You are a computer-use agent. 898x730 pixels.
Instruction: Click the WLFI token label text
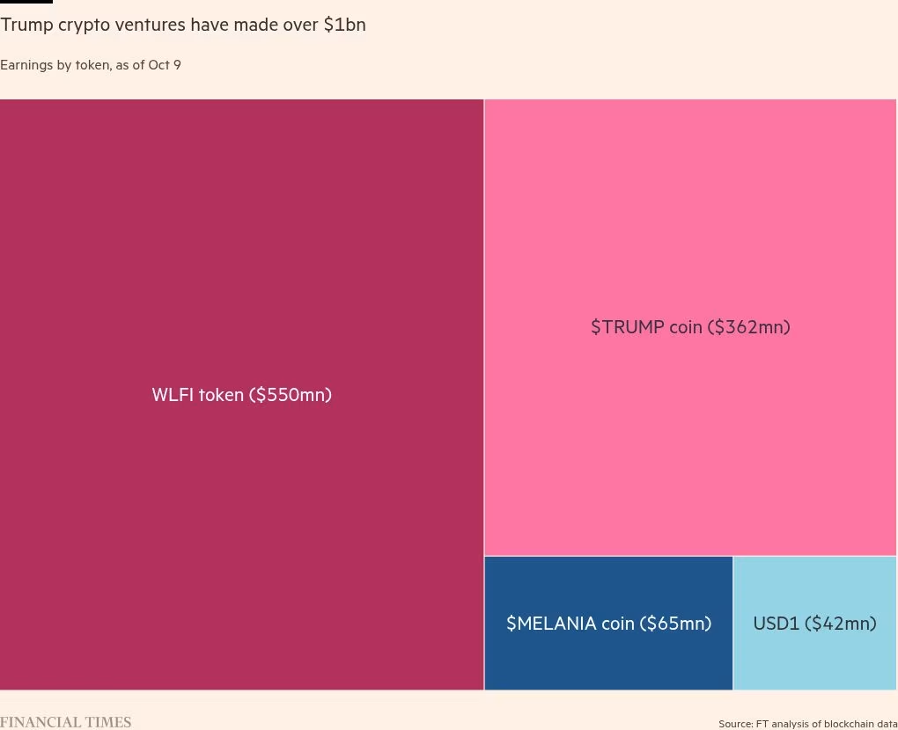click(241, 395)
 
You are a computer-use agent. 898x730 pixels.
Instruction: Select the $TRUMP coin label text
click(690, 327)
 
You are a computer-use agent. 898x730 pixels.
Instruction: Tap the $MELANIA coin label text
click(608, 624)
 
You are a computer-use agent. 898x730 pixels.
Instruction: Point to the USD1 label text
click(814, 624)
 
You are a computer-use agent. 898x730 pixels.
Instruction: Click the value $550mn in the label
click(291, 395)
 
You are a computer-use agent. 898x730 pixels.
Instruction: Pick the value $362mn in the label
click(751, 327)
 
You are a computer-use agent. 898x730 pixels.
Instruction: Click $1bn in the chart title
click(344, 25)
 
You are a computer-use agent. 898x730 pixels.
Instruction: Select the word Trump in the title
click(26, 25)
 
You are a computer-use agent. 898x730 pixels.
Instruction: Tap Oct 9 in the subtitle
click(165, 65)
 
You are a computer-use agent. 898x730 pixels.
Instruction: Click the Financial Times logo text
click(65, 722)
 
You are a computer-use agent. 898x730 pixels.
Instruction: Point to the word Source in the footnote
click(735, 724)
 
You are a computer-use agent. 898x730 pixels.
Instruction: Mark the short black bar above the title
click(26, 2)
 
